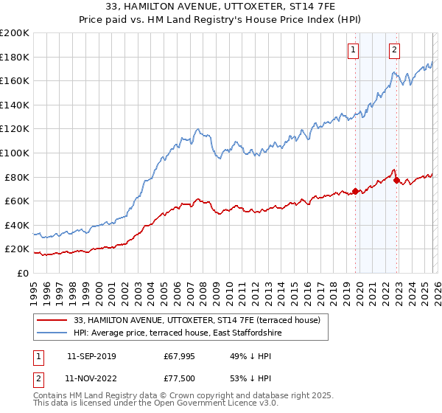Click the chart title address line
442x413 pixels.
[x=220, y=7]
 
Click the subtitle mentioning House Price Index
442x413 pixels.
[x=220, y=20]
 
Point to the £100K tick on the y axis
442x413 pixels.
[x=15, y=153]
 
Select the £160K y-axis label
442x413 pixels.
[x=15, y=80]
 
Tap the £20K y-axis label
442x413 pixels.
[x=17, y=249]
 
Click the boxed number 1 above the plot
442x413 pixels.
[x=354, y=50]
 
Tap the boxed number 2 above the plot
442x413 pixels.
[x=395, y=50]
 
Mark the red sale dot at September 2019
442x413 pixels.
[x=355, y=191]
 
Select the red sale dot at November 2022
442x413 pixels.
[x=396, y=179]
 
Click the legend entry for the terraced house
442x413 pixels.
[x=197, y=320]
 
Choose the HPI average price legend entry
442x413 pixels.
[x=177, y=333]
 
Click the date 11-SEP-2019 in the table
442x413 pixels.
[x=91, y=356]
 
